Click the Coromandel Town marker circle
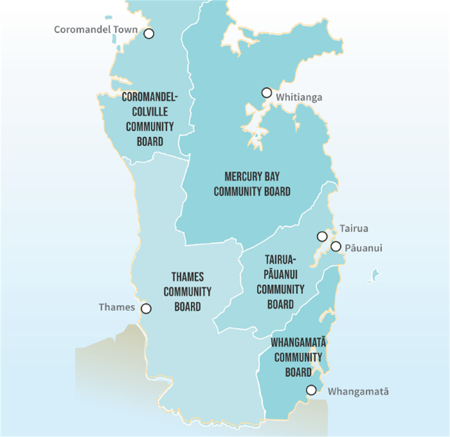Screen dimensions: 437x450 (149, 34)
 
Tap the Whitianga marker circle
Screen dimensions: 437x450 (267, 93)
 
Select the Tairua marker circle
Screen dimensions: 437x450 (322, 236)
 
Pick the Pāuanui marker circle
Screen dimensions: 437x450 (336, 247)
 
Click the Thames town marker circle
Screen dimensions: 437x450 (146, 308)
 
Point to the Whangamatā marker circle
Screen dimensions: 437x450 (311, 390)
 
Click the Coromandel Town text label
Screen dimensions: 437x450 (96, 30)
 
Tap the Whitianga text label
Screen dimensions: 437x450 (299, 97)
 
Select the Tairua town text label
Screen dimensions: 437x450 (354, 229)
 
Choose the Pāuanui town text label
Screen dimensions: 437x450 (363, 248)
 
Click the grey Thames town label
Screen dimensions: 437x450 (117, 307)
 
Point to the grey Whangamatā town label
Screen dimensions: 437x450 (358, 392)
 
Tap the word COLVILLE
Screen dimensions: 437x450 (150, 112)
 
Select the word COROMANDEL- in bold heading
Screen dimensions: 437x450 (150, 97)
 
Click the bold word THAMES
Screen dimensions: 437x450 (187, 277)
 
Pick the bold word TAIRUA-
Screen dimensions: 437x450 (280, 260)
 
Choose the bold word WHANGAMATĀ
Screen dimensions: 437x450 (298, 343)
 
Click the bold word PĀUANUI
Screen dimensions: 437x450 (280, 274)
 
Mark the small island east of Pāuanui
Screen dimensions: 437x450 (374, 276)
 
